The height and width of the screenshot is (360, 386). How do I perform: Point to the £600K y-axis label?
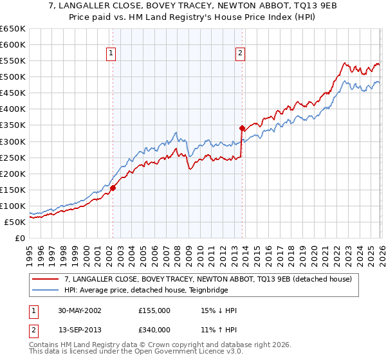[13, 45]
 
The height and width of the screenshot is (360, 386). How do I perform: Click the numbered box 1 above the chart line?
[112, 54]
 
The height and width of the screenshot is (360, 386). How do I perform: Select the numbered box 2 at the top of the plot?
[240, 54]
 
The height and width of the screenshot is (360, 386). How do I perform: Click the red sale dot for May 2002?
[113, 188]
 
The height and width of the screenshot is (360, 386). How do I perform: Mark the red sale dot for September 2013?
[241, 128]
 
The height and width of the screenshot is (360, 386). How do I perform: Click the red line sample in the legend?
[45, 279]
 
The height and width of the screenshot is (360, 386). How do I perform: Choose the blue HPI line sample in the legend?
[45, 290]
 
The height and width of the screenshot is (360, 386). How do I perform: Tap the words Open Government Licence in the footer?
[172, 352]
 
